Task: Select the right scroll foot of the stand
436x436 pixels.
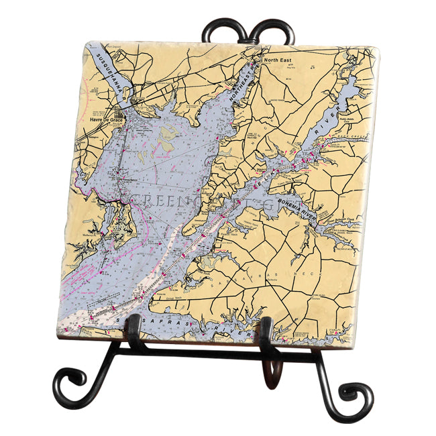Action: pyautogui.click(x=356, y=396)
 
